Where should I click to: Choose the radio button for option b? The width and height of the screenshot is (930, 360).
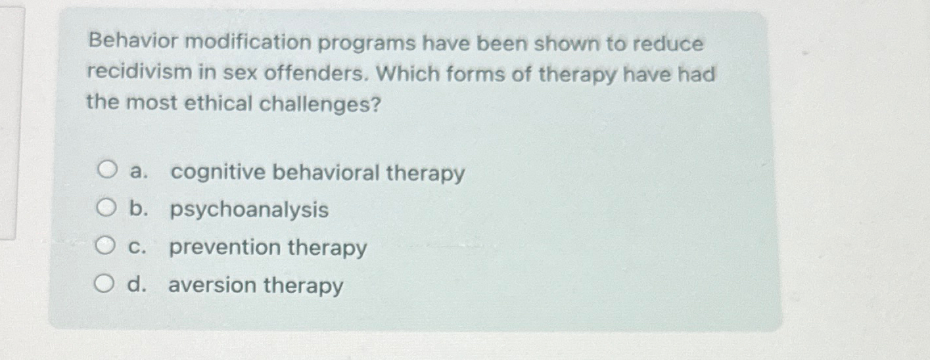[x=105, y=210]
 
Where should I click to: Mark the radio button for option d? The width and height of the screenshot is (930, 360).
[x=103, y=284]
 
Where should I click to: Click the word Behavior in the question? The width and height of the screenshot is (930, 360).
[x=132, y=43]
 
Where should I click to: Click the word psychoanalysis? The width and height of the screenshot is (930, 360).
[x=249, y=210]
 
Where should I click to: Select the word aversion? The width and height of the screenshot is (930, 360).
[x=212, y=286]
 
